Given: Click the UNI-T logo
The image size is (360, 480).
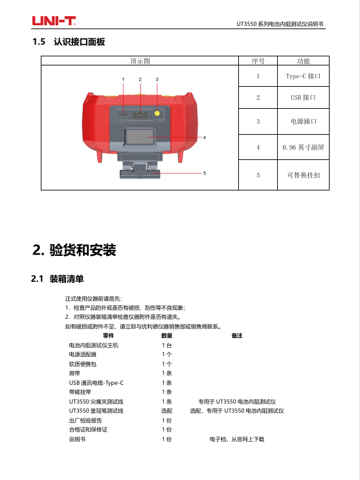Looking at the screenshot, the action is click(54, 21).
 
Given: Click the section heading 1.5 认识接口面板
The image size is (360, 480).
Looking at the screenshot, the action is click(69, 41).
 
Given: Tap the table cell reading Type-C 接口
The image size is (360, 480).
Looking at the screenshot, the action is click(303, 76).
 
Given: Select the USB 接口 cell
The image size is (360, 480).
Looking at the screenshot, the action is click(303, 97).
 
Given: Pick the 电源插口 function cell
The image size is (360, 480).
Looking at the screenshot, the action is click(304, 121).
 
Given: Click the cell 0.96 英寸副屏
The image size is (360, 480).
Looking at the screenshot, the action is click(303, 147).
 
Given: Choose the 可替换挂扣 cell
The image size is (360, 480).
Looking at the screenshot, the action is click(304, 175).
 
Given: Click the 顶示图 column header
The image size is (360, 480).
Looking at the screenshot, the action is click(140, 61).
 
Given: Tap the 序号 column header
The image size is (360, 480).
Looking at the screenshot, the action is click(258, 61).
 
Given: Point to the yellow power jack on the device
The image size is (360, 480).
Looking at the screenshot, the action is click(157, 113).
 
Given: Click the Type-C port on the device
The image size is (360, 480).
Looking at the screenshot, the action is click(124, 115).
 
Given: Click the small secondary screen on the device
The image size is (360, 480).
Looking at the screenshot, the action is click(140, 137).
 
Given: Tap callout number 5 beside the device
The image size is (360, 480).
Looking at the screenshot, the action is click(205, 173).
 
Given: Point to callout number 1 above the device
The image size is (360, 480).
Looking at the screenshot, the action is click(123, 79).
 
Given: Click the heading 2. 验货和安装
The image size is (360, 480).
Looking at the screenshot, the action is click(74, 250).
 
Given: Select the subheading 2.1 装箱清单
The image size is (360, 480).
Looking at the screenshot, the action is click(57, 279).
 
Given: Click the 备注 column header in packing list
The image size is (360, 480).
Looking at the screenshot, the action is click(237, 336).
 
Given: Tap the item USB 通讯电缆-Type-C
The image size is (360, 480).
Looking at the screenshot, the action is click(96, 383).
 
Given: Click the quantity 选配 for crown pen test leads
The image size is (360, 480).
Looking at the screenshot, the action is click(166, 411).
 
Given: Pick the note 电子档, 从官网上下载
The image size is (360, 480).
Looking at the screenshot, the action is click(237, 439).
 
